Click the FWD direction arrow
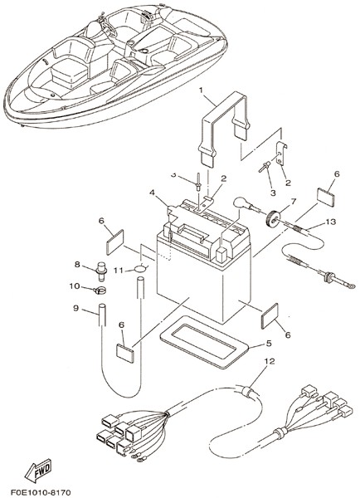click(x=38, y=470)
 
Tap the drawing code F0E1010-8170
click(x=41, y=492)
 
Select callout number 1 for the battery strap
click(x=201, y=90)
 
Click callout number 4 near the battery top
click(x=153, y=193)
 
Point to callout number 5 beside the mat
click(x=269, y=344)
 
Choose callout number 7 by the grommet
click(x=293, y=202)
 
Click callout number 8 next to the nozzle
click(x=77, y=264)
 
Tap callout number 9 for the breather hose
click(x=75, y=308)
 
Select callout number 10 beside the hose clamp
click(x=75, y=286)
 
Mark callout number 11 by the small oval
click(x=119, y=271)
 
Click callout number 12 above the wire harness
click(x=270, y=361)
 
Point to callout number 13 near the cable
click(x=330, y=222)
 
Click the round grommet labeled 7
click(x=272, y=217)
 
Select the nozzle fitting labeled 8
click(x=101, y=271)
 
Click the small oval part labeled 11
click(x=140, y=268)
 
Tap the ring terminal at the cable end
click(x=351, y=286)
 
